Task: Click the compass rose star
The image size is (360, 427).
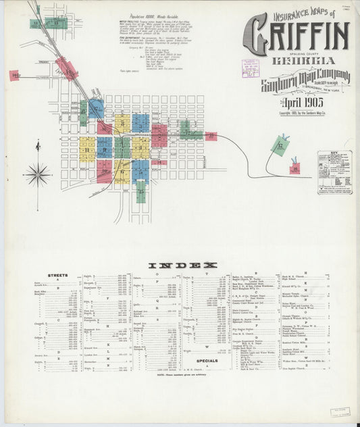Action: click(38, 174)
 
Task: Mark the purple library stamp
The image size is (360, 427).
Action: click(251, 68)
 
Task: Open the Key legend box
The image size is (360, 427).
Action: click(334, 172)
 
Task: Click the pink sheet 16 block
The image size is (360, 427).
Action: click(14, 76)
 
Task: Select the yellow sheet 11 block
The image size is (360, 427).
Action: click(122, 124)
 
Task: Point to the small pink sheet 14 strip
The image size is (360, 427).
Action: click(159, 162)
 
